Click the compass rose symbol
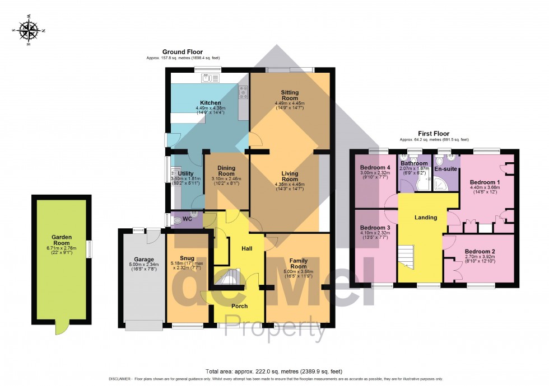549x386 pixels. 29,30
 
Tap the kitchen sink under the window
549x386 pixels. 210,79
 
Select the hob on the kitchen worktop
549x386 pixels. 244,91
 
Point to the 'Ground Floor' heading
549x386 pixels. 182,51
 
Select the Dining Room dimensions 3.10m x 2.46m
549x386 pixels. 226,180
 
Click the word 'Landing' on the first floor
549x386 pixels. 425,217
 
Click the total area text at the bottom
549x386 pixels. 274,371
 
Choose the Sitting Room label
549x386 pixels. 290,96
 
